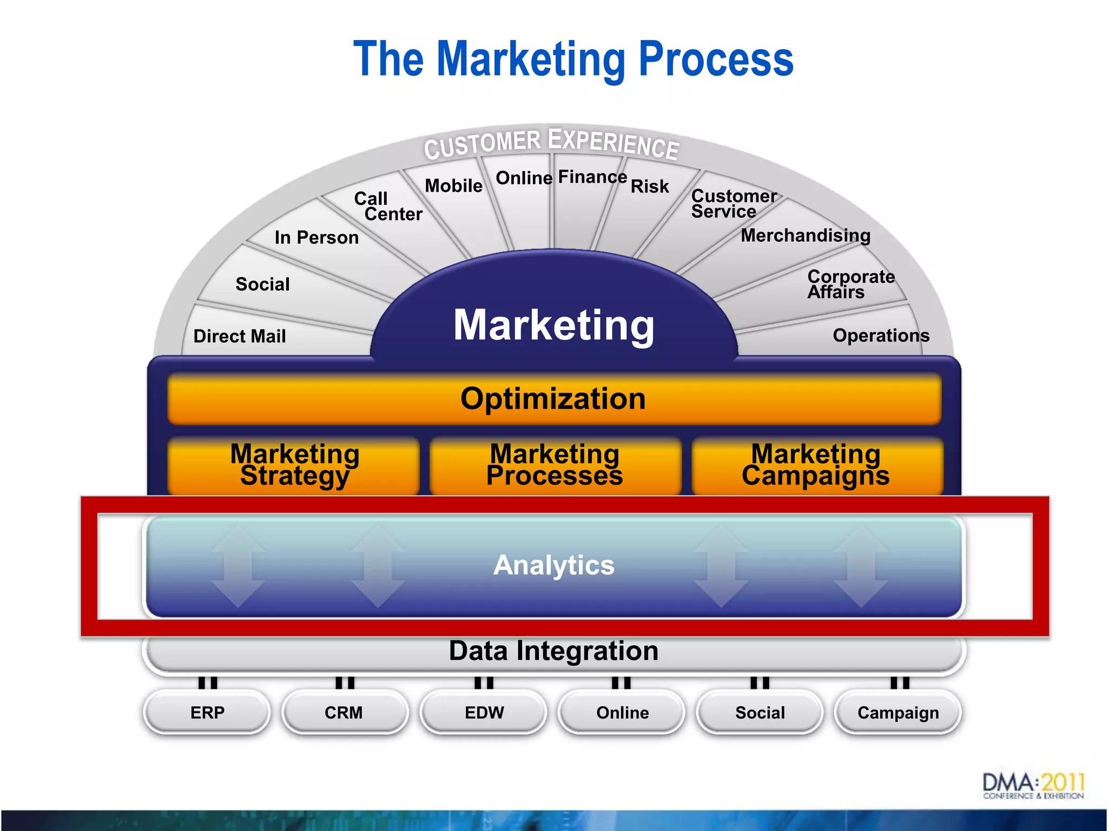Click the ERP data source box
[207, 712]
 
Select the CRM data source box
[344, 712]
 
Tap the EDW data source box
[484, 712]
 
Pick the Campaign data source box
[898, 712]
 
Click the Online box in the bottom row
[622, 712]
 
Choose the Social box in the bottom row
[760, 712]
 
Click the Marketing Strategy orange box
[294, 465]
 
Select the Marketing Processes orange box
[555, 465]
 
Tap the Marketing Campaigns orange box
[816, 465]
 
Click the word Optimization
[553, 399]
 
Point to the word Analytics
[554, 565]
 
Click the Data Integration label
[553, 651]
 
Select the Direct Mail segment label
[240, 336]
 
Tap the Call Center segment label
[387, 206]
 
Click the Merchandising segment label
[806, 235]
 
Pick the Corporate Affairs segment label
[850, 284]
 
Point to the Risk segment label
[650, 186]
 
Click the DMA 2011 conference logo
[1033, 786]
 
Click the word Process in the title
[716, 60]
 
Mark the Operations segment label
[881, 335]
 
